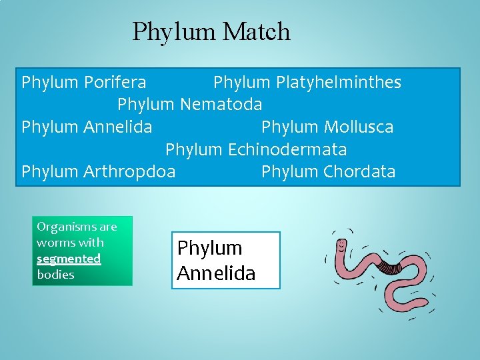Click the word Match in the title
point(257,31)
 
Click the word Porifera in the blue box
point(115,83)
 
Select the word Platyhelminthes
point(337,83)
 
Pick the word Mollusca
point(359,127)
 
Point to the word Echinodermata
point(287,149)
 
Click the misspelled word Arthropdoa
point(129,171)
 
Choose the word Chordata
point(359,171)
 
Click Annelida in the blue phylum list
point(118,127)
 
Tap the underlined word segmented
point(69,259)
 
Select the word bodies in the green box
point(55,275)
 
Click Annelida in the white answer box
point(216,273)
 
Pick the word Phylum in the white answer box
point(209,248)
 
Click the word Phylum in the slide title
point(175,31)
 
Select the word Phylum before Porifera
point(50,83)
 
